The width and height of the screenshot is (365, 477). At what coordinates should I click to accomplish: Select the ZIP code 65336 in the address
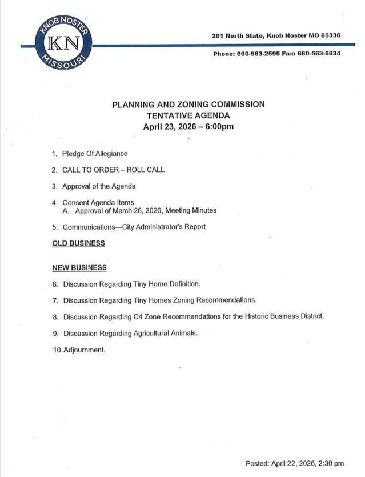coord(330,35)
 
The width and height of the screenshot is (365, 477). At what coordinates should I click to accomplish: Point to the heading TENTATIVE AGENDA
coord(188,115)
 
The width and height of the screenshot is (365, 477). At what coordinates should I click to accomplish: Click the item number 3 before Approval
coord(54,186)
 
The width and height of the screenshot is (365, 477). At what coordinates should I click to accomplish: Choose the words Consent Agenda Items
coord(98,202)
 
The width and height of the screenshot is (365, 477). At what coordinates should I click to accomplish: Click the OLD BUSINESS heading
coord(78,243)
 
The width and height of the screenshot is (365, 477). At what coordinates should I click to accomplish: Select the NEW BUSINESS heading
coord(79,267)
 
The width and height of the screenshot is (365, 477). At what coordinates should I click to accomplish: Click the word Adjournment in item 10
coord(83,350)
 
